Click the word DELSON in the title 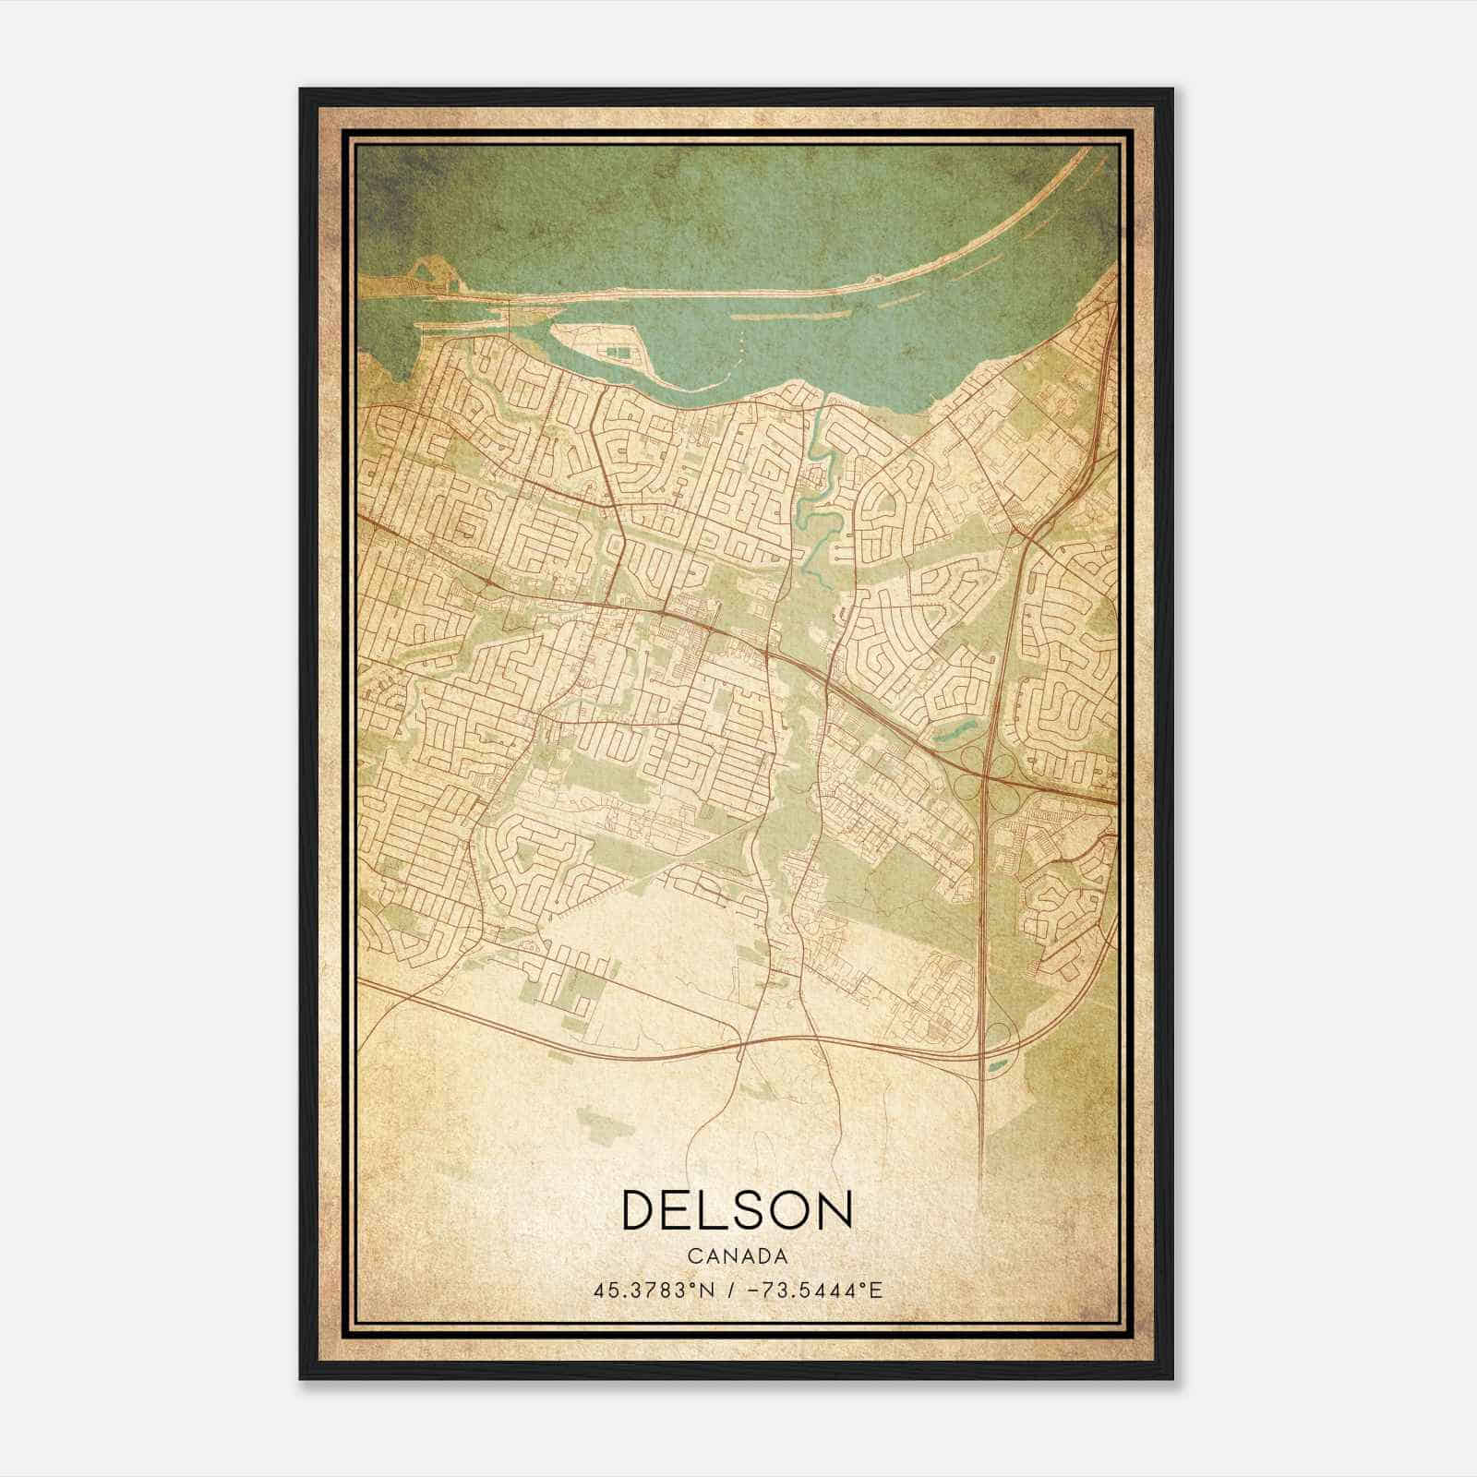(737, 1210)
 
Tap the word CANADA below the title (737, 1256)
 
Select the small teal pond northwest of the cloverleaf (951, 734)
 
